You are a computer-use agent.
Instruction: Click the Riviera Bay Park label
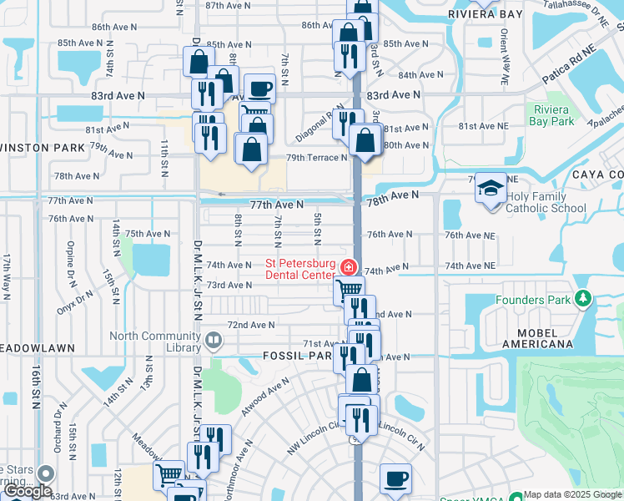[x=551, y=115]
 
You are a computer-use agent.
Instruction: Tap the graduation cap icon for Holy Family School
[x=491, y=187]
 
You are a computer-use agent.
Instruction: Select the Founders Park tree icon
[x=584, y=299]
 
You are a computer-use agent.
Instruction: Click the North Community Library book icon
[x=214, y=340]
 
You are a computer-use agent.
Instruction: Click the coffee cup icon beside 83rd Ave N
[x=259, y=88]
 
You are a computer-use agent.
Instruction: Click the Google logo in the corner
[x=28, y=490]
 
